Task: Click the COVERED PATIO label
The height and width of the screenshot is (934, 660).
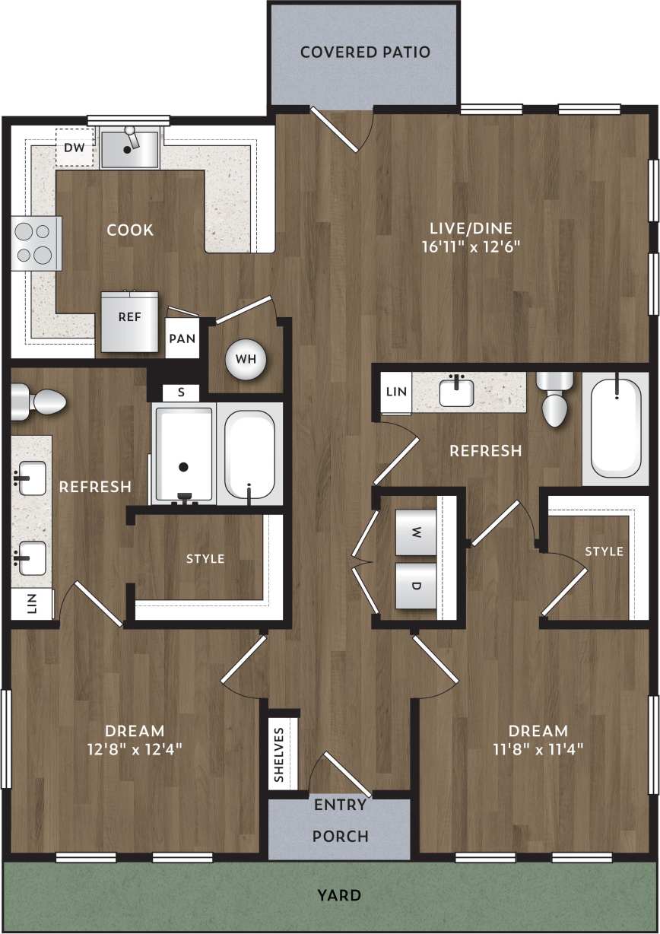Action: [x=365, y=52]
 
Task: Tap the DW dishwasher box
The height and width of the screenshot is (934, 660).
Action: [x=75, y=148]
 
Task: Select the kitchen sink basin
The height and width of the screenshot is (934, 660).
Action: [x=129, y=148]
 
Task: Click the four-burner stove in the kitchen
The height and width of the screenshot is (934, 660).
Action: [x=36, y=243]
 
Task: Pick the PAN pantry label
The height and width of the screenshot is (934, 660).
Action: [x=182, y=338]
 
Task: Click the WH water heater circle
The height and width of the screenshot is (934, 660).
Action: [x=246, y=358]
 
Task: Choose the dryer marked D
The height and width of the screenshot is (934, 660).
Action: [x=416, y=586]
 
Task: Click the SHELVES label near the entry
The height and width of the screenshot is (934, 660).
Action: [x=279, y=755]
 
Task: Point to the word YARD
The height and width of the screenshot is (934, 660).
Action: [x=340, y=895]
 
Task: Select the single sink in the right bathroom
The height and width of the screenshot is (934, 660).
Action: [x=456, y=392]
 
